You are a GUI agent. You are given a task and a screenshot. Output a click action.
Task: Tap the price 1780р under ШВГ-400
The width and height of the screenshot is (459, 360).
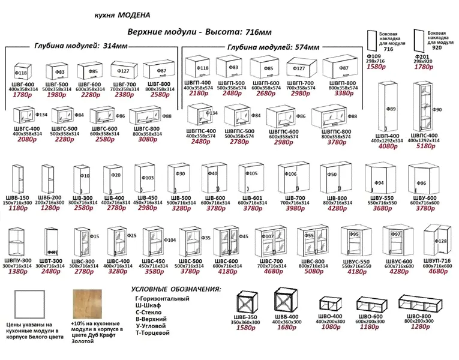point(22,95)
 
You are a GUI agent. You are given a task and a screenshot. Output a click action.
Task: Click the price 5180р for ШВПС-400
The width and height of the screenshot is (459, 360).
point(427,146)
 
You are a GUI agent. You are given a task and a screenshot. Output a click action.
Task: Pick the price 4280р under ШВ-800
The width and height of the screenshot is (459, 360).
point(334,209)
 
